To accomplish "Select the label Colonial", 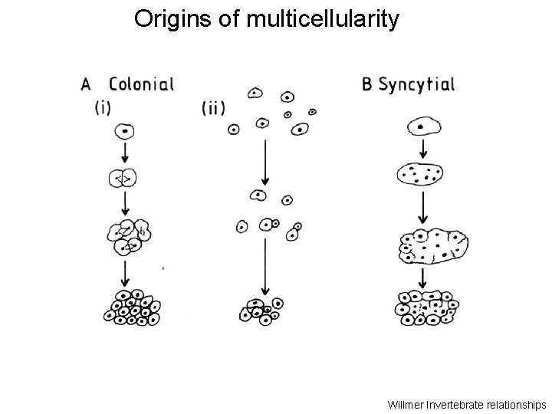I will [x=141, y=84].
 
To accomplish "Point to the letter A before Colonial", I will [x=87, y=84].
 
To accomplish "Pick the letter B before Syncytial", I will [x=369, y=84].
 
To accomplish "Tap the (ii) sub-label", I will [x=214, y=108].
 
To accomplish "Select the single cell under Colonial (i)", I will [x=125, y=131].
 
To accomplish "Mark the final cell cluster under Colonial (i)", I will [x=133, y=307].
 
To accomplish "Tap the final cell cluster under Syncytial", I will [x=426, y=307].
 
